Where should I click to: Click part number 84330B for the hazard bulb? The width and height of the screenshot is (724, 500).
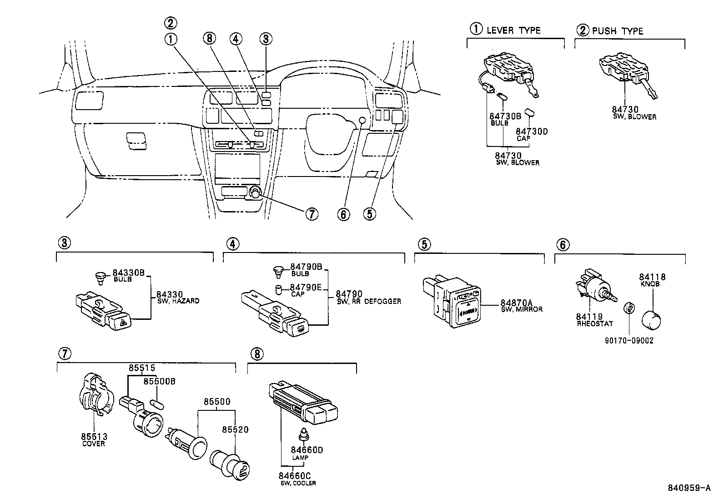[128, 273]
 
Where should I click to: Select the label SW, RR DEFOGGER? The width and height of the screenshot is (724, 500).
[369, 301]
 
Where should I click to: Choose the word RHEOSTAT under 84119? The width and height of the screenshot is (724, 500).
[595, 324]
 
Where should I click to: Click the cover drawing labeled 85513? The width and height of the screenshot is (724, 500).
[94, 394]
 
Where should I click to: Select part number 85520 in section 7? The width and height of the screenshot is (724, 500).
[235, 429]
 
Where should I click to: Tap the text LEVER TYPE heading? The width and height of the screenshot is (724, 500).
[513, 30]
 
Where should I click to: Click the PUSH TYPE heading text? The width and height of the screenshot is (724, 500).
[617, 31]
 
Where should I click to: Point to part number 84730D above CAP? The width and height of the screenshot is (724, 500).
[532, 131]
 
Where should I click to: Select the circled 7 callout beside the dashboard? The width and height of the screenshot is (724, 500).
[311, 214]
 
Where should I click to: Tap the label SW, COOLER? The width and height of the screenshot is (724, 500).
[298, 483]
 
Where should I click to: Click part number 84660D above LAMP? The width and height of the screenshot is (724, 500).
[307, 450]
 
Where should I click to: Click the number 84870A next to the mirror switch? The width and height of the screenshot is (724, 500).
[516, 303]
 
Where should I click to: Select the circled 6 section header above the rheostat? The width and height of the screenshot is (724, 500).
[562, 245]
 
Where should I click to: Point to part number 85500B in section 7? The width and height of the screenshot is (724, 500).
[159, 381]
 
